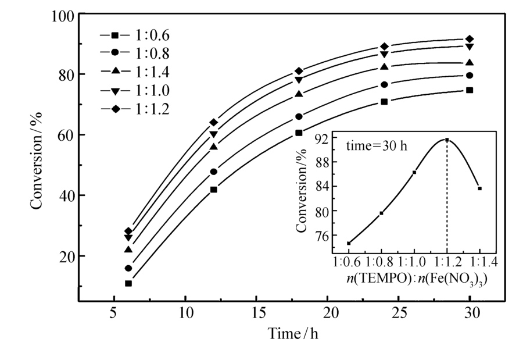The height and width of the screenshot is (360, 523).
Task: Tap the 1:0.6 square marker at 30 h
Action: [x=470, y=90]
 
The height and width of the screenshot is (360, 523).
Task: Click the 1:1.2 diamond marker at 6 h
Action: [x=128, y=231]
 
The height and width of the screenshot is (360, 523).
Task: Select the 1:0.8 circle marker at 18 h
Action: [x=299, y=117]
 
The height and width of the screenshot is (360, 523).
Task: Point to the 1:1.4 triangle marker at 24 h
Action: [x=384, y=67]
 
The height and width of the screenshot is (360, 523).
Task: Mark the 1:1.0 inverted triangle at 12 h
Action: [x=213, y=135]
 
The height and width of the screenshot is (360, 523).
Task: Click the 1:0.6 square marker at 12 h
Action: [x=213, y=190]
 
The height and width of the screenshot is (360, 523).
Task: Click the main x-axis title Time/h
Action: [x=293, y=334]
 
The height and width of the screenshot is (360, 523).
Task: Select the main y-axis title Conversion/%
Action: [x=37, y=160]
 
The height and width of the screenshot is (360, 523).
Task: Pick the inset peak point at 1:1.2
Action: [x=447, y=140]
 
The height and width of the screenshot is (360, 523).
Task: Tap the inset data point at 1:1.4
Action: [x=480, y=188]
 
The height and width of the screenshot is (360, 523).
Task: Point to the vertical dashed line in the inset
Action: [x=447, y=198]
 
